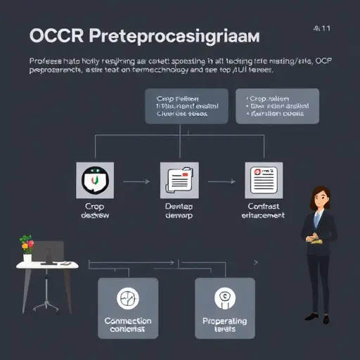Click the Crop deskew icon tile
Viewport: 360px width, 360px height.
(94, 181)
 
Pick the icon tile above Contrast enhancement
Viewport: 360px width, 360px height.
(264, 181)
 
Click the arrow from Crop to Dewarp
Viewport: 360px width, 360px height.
(136, 181)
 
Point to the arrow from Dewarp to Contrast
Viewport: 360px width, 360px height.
(221, 181)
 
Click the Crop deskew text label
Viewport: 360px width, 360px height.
(94, 211)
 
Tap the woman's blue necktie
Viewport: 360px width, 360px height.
(316, 221)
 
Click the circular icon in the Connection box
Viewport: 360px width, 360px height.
(128, 298)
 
